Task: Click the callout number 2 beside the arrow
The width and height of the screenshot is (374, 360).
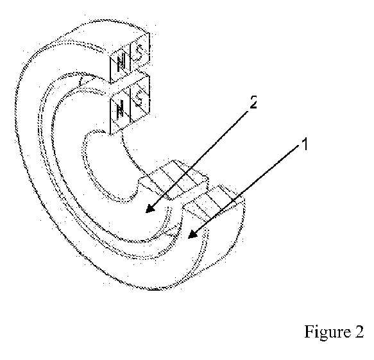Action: click(253, 102)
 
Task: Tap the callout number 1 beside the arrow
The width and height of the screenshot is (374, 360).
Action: click(304, 144)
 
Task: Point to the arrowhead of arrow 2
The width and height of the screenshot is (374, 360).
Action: click(150, 209)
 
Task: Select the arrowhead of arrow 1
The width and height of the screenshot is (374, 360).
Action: click(192, 234)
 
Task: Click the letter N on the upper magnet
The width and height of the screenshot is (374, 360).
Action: click(121, 62)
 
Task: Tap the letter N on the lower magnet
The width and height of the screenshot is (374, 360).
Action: click(121, 108)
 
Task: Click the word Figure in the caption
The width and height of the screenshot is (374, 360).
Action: click(325, 332)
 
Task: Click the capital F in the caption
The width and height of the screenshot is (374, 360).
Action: click(309, 331)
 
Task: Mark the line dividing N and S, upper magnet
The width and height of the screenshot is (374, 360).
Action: click(130, 60)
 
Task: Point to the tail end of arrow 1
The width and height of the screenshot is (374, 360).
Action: click(299, 146)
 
